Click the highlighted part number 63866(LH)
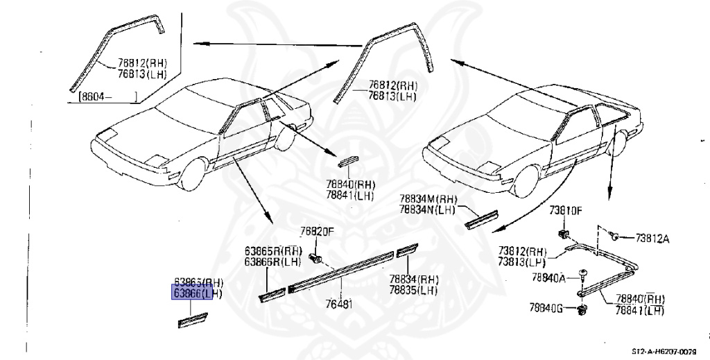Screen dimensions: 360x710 (x=197, y=293)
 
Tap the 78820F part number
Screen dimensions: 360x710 (x=318, y=232)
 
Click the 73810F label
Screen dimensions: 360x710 (x=566, y=209)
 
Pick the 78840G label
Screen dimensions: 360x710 (x=547, y=307)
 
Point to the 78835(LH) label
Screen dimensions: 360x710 (x=413, y=290)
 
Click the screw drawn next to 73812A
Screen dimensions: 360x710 (x=615, y=236)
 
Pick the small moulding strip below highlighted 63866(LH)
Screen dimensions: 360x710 (x=194, y=320)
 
